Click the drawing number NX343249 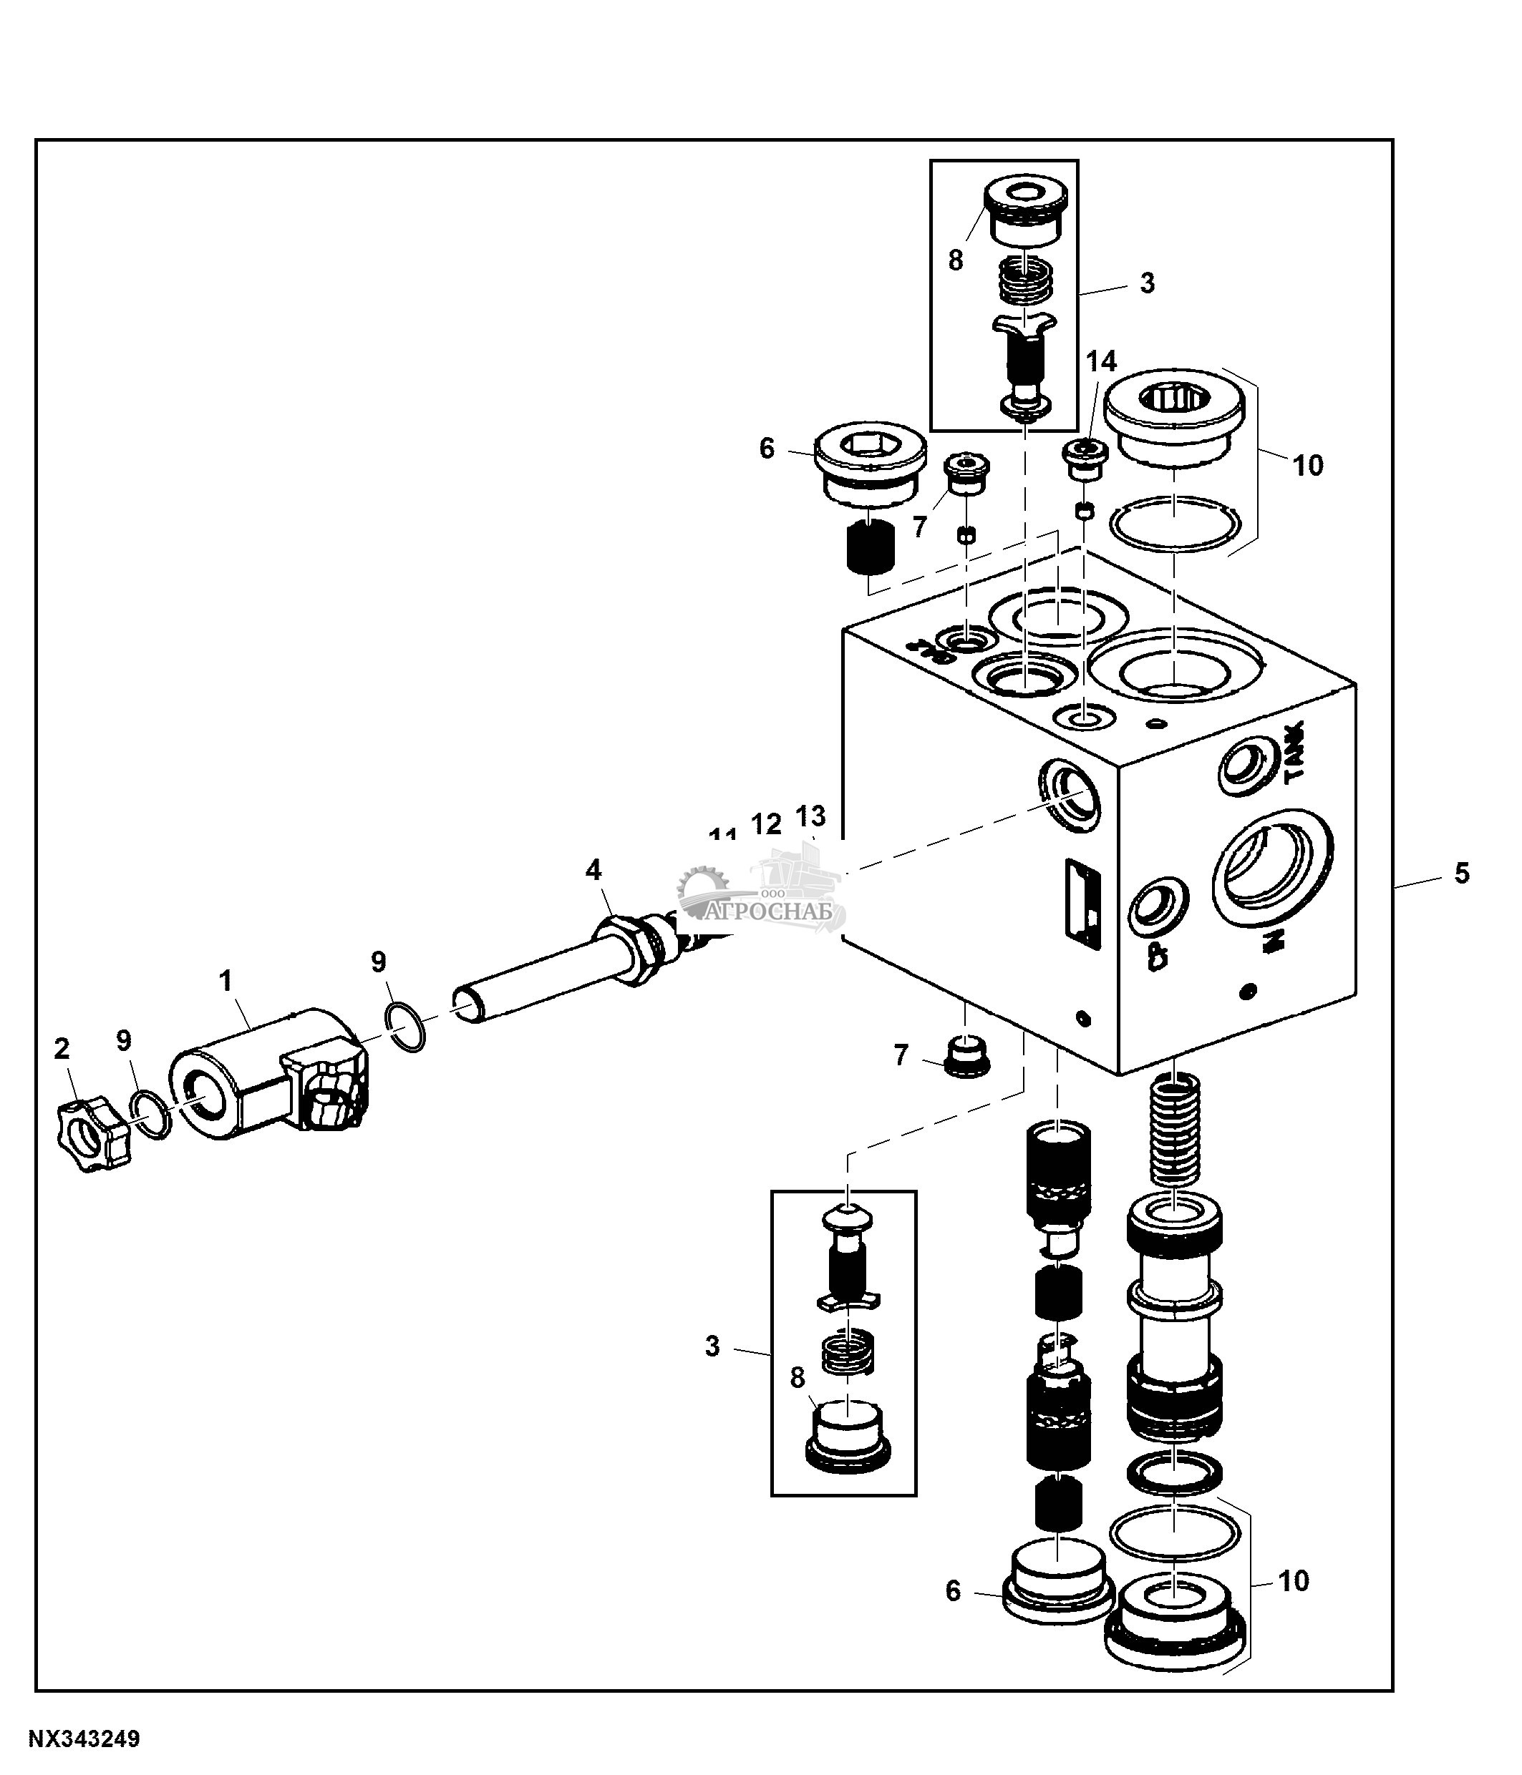(x=84, y=1739)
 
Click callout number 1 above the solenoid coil (x=226, y=981)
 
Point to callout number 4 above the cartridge (x=593, y=871)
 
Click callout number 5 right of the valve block (x=1461, y=873)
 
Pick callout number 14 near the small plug (x=1101, y=361)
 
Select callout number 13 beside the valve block (x=810, y=814)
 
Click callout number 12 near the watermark (x=766, y=823)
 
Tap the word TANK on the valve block (x=1294, y=750)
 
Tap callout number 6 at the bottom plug (x=953, y=1591)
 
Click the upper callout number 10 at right (x=1308, y=465)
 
